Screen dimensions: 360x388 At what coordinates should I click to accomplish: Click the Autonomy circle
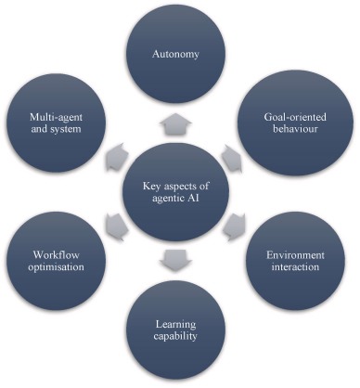[x=180, y=56]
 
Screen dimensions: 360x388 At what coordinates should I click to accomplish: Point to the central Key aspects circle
[x=179, y=191]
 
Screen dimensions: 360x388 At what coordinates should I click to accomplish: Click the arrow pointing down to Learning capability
[x=177, y=259]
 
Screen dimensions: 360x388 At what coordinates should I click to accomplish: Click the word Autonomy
[x=179, y=55]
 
